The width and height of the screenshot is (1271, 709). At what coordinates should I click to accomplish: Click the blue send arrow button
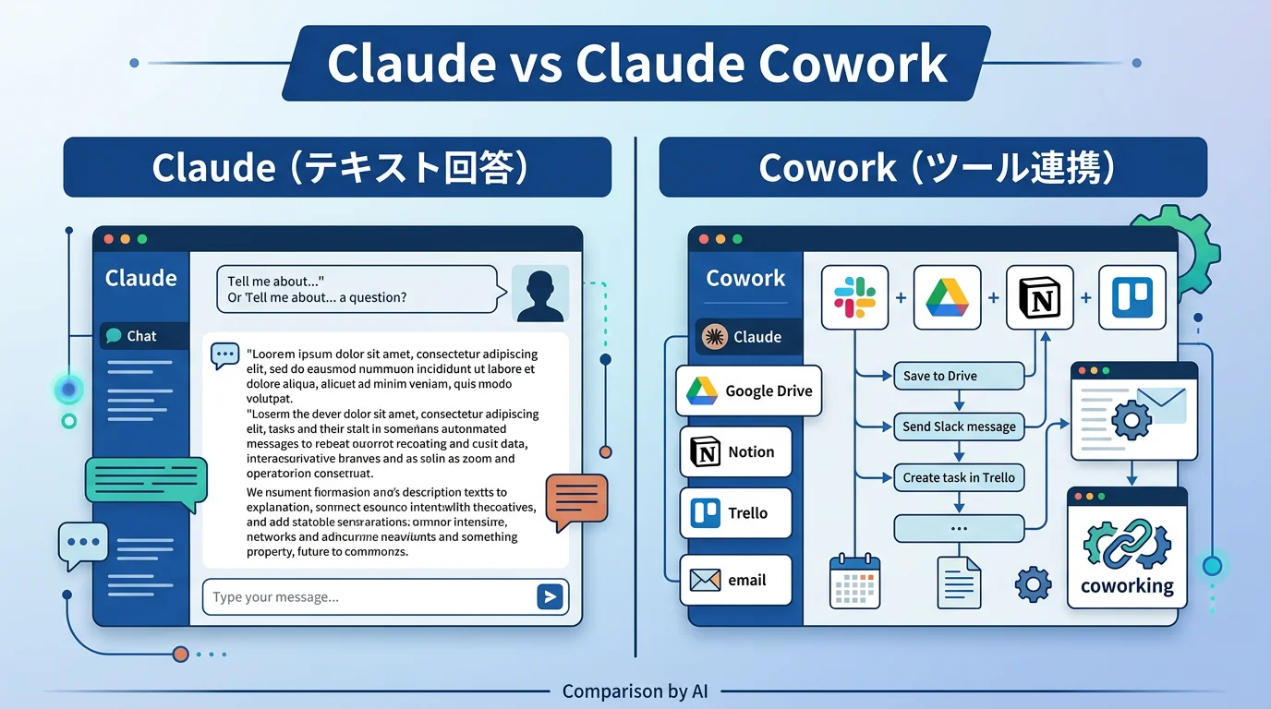[550, 597]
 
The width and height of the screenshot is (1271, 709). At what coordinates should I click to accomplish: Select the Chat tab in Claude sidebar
[143, 336]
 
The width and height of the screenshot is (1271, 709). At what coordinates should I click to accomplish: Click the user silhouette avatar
[539, 294]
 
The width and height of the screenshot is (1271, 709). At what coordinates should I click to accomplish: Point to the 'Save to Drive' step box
[959, 376]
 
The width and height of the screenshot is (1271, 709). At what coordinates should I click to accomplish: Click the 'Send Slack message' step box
[959, 427]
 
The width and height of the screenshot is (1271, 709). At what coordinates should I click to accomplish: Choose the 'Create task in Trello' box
[959, 477]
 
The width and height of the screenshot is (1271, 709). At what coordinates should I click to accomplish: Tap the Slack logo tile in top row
[854, 298]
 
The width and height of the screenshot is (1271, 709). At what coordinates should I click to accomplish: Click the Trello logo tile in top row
[1132, 298]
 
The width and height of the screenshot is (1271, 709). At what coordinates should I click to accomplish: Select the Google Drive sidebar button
[749, 391]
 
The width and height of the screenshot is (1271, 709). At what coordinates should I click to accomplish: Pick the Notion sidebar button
[735, 452]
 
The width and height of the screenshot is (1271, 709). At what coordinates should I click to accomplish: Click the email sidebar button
[735, 580]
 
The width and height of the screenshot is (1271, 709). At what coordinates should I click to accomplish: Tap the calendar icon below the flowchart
[854, 582]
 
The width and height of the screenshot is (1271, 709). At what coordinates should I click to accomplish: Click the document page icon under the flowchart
[959, 583]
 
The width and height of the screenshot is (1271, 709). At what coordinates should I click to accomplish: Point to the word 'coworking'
[1127, 585]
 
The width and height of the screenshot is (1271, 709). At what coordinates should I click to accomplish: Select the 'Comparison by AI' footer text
[635, 691]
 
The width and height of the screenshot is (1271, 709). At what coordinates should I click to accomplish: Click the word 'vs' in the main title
[535, 64]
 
